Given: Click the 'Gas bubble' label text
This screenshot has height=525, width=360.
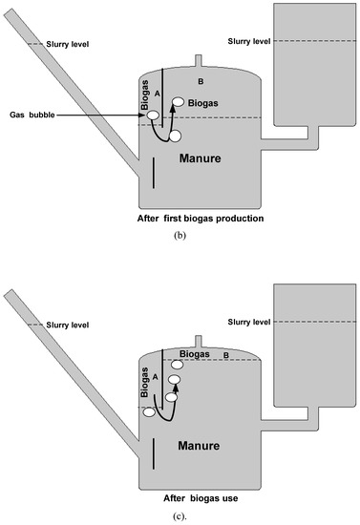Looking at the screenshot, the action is point(32,115).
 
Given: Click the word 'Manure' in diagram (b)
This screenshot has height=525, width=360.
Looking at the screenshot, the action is point(201,158).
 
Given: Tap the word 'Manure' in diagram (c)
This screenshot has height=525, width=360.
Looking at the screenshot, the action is point(199,446).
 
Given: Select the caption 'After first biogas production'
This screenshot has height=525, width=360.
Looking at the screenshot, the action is point(201,219).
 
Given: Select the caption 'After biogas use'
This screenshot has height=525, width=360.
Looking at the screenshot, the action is point(201,498).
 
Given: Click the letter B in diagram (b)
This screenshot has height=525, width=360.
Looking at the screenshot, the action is point(201,81).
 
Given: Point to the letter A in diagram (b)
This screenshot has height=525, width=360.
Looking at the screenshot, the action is point(157,94).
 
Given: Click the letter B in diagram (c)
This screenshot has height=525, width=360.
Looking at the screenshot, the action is point(226,355).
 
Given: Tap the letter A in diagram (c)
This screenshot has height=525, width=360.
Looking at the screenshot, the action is point(155,377).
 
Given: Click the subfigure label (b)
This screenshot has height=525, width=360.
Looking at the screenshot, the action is point(180,236).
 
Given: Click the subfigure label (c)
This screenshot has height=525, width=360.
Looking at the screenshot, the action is point(180,516).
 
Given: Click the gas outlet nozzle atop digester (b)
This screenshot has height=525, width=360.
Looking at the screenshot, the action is point(199,61).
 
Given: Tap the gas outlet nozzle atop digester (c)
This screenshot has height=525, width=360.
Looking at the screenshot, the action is point(199,342).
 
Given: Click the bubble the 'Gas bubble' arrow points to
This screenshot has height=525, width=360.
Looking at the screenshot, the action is point(153,115).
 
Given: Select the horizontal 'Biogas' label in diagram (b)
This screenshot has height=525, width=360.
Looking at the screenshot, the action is point(203,103).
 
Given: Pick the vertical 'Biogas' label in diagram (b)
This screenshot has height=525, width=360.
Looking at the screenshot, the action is point(145,94).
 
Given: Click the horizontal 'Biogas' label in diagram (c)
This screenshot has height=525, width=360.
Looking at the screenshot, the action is point(195,354).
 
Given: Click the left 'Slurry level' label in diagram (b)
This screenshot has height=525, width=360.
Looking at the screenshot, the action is point(68,44).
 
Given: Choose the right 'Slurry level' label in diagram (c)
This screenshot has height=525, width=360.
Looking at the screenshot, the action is point(249,322).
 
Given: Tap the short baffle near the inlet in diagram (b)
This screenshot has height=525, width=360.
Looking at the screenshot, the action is point(154,173).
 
